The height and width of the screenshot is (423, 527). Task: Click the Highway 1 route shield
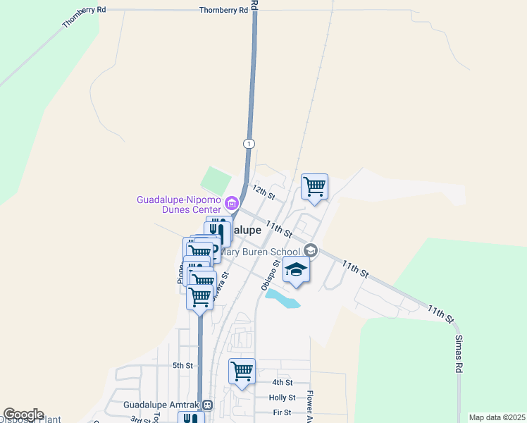point(248,143)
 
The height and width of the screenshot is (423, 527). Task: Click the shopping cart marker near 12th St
point(314,187)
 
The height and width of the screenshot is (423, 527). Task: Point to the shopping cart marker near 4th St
point(242,370)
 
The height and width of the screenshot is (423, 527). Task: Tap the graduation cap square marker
point(297,270)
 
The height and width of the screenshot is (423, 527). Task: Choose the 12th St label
point(262,191)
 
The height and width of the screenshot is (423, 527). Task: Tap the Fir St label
point(282,412)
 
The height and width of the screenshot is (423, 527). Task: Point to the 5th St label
point(182,365)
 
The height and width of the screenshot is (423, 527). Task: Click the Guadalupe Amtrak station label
point(161,405)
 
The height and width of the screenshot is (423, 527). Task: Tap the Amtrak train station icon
point(207,405)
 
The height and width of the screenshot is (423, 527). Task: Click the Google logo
point(23,415)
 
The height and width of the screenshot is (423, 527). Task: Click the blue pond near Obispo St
point(284,299)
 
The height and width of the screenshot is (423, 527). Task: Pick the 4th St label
point(282,382)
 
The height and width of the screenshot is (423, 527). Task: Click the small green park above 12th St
point(216,179)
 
